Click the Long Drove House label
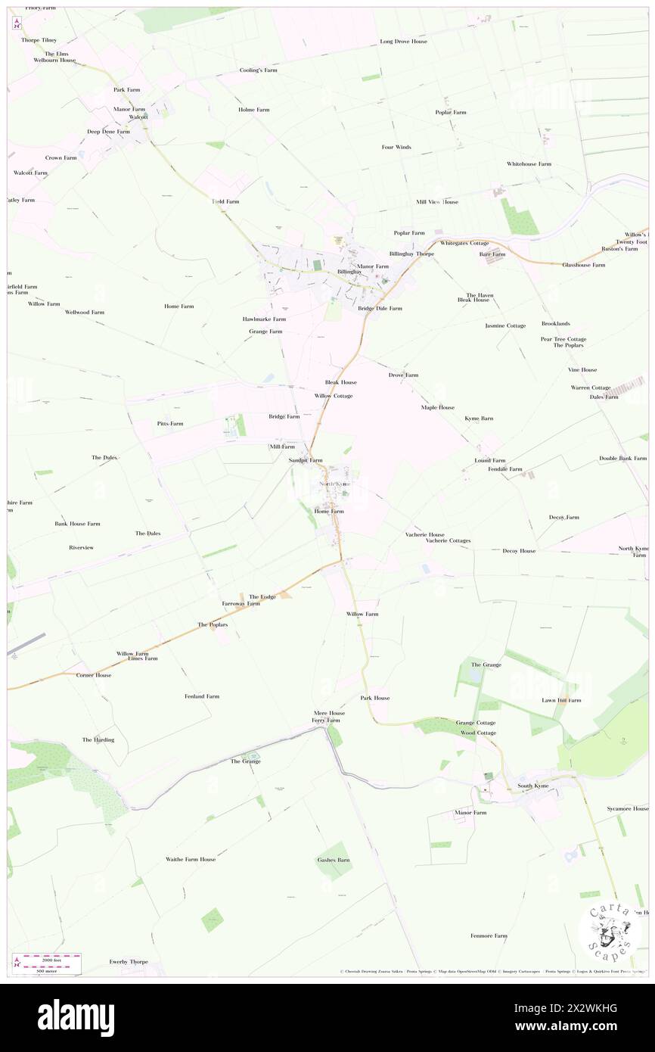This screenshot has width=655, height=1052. coord(403,42)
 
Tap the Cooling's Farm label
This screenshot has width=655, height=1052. coord(259,70)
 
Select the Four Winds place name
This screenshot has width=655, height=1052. coord(396,147)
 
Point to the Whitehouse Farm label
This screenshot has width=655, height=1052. coord(529,164)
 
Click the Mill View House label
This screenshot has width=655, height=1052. coord(437,202)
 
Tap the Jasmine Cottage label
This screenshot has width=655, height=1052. coord(505,325)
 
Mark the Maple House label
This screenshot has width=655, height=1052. coord(438,407)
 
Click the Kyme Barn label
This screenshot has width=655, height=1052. coord(479,418)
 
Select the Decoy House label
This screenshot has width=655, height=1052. coord(519,551)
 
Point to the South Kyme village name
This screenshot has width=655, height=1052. coord(532,786)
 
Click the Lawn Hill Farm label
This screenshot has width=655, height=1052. coord(561,700)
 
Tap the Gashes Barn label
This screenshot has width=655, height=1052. coord(333,860)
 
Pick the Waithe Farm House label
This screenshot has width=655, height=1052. coord(191,859)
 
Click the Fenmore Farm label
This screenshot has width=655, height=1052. coord(489,935)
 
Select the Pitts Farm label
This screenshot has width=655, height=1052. coord(170,423)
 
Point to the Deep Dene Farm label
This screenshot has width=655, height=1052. coord(108,131)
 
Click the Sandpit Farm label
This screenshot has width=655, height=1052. coord(306,460)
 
